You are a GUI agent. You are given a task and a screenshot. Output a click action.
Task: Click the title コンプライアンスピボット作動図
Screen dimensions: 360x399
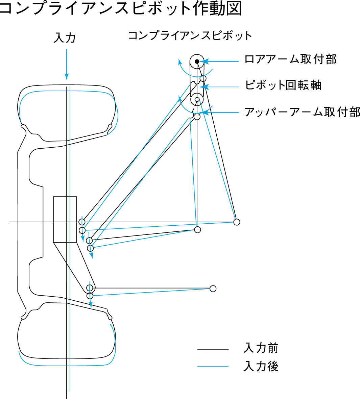(x=120, y=8)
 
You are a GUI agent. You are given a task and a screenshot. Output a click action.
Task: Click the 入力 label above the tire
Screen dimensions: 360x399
(x=65, y=38)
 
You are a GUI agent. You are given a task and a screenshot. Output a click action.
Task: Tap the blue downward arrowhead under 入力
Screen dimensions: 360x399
(x=67, y=77)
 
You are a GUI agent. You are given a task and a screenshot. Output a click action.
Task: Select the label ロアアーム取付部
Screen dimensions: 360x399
(x=290, y=59)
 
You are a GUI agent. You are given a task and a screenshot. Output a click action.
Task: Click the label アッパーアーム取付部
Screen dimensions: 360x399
(x=302, y=112)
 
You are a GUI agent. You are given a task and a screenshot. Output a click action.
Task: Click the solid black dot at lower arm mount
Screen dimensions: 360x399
(x=197, y=61)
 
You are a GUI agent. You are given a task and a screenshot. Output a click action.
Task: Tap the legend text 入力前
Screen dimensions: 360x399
(x=261, y=348)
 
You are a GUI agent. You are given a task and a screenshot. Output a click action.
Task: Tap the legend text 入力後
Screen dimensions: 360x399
(x=261, y=366)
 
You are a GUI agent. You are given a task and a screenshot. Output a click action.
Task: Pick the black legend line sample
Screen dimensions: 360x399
(x=213, y=350)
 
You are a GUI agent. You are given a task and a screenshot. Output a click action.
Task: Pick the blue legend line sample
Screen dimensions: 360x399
(x=213, y=366)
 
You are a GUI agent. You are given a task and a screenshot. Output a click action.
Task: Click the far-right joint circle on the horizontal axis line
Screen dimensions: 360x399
(x=237, y=222)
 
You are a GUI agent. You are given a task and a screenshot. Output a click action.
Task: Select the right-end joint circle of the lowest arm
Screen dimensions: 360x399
(x=213, y=289)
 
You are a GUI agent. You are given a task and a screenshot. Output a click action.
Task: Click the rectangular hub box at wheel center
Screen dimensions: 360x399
(x=65, y=219)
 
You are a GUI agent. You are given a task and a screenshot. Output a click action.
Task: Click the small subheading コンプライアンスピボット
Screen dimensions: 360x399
(x=190, y=35)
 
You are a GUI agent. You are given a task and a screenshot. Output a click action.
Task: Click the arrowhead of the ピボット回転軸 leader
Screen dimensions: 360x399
(x=205, y=87)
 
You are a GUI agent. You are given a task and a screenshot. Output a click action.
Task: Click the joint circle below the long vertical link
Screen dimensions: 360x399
(x=197, y=230)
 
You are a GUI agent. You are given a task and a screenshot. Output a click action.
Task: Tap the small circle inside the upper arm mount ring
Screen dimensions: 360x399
(x=197, y=99)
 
